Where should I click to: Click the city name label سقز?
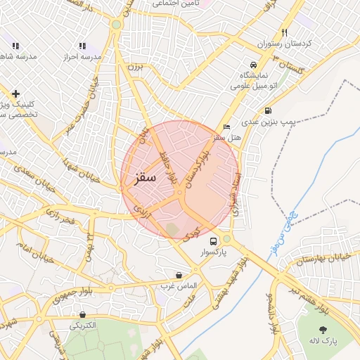[145, 178]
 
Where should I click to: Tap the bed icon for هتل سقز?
[225, 127]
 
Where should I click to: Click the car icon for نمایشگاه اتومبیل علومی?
[253, 63]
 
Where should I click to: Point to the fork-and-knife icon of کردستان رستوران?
[284, 32]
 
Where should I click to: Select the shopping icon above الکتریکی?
[84, 314]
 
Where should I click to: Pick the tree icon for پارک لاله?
[323, 329]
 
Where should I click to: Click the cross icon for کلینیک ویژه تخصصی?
[15, 93]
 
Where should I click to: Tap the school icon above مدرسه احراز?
[82, 46]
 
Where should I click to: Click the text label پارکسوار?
[215, 252]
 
